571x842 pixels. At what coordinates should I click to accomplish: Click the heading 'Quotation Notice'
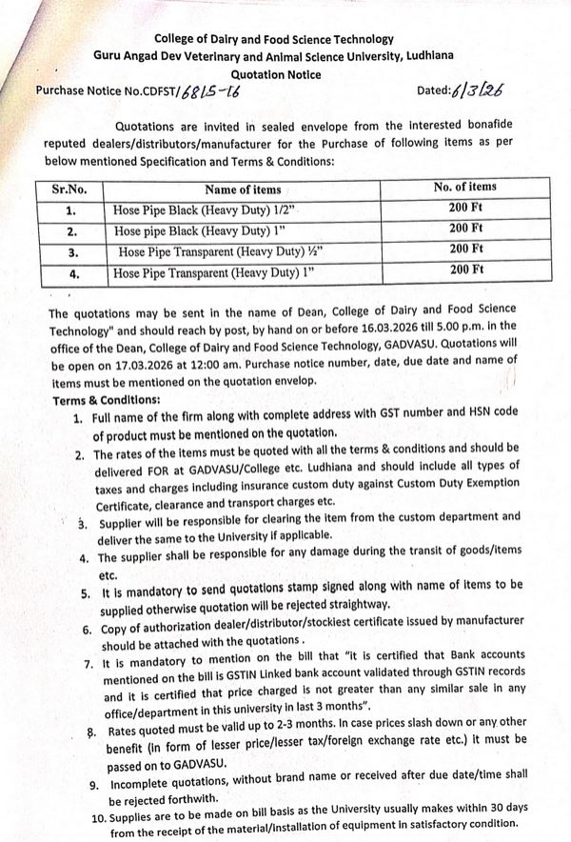coord(276,73)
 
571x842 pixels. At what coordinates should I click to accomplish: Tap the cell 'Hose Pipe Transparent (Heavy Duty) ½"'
coord(204,251)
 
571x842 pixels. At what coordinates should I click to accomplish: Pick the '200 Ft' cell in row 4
coord(466,271)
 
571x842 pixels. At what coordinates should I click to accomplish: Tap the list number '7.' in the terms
coord(88,664)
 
